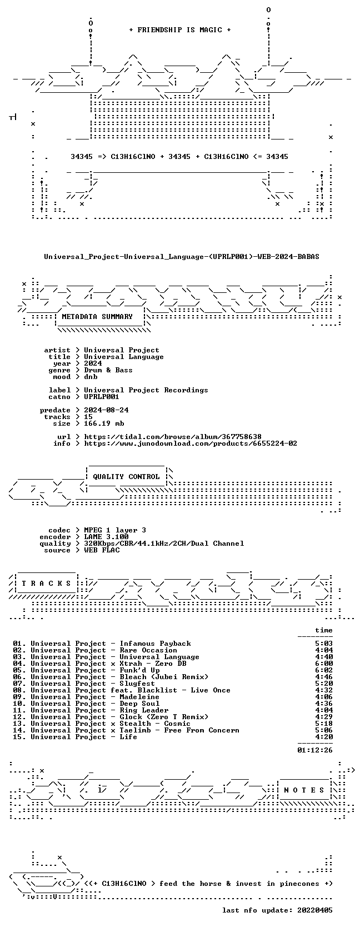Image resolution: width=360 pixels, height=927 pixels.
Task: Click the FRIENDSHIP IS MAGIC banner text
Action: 180,30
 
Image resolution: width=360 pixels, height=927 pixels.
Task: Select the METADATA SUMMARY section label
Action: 97,317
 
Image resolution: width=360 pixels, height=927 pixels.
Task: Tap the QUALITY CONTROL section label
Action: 126,477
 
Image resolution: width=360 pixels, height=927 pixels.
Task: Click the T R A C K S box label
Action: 46,584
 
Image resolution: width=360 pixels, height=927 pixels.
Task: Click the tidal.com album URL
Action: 173,437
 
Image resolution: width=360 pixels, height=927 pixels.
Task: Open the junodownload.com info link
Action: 191,443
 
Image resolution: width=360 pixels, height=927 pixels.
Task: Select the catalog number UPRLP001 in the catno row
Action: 102,397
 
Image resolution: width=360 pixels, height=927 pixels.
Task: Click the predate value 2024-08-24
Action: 106,410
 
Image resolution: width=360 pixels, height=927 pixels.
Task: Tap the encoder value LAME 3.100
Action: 106,537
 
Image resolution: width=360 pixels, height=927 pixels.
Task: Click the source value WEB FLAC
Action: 102,550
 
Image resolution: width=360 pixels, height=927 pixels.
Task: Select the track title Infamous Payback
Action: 155,644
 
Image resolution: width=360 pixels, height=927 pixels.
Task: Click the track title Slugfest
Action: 137,684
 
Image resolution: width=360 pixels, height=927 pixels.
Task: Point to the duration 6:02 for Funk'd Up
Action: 324,670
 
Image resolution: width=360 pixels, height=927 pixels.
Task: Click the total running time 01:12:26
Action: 315,750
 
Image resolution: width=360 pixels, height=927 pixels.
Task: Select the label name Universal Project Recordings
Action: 146,390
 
